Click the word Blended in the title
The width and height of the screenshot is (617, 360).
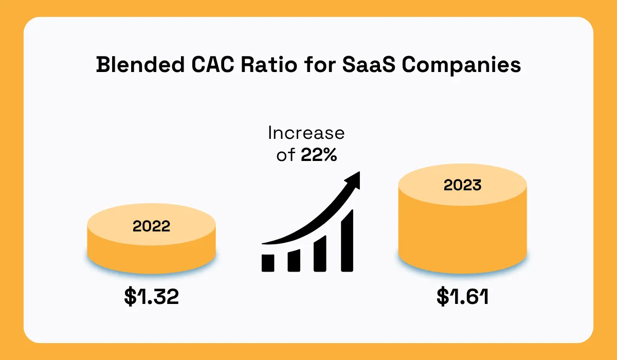[140, 64]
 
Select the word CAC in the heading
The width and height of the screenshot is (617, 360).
[213, 64]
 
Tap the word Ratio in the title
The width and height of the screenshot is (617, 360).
[269, 64]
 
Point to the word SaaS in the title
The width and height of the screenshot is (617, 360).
[369, 64]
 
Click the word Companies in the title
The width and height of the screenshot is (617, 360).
[461, 65]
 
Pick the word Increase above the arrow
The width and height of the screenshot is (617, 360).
[306, 133]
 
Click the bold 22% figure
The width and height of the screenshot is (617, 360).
[319, 155]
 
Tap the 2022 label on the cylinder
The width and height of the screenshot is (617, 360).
[151, 226]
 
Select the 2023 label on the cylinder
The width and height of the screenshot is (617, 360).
[462, 185]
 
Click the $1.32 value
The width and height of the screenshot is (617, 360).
[152, 296]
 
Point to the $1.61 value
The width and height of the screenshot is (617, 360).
[462, 296]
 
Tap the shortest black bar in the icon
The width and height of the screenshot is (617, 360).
[268, 263]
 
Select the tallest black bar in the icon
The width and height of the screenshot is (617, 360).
[347, 241]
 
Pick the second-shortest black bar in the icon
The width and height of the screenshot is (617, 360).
[294, 261]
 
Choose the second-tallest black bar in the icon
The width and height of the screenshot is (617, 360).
[320, 254]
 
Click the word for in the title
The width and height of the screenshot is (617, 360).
[320, 64]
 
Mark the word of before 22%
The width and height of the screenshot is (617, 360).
[286, 155]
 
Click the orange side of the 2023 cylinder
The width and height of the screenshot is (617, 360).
[462, 237]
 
